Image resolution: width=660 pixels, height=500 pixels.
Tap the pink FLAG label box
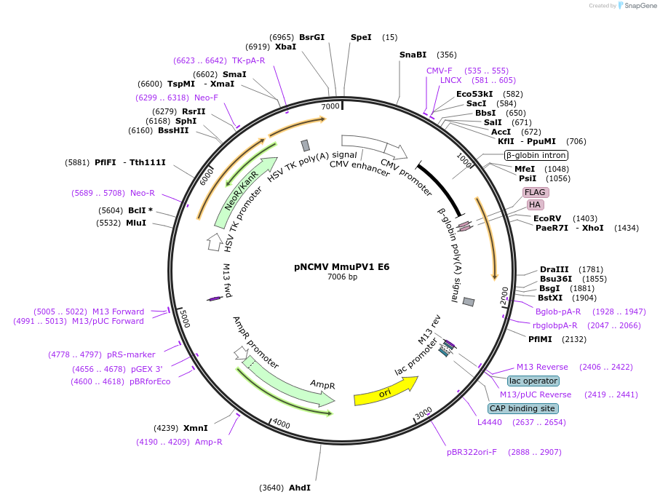pyautogui.click(x=536, y=193)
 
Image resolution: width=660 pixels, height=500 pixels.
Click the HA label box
pyautogui.click(x=535, y=205)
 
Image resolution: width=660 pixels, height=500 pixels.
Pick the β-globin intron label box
pyautogui.click(x=536, y=155)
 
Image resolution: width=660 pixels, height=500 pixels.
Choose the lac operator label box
pyautogui.click(x=533, y=381)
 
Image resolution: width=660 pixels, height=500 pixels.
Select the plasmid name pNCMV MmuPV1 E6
pyautogui.click(x=342, y=266)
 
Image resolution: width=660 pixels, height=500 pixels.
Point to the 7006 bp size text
pyautogui.click(x=342, y=277)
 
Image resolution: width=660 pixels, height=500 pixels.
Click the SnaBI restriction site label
pyautogui.click(x=413, y=55)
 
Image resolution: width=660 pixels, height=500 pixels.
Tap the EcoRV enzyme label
pyautogui.click(x=547, y=218)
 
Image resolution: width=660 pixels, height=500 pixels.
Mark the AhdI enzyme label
pyautogui.click(x=300, y=488)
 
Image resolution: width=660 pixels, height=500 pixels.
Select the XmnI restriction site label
pyautogui.click(x=195, y=428)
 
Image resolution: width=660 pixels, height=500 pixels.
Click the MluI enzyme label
pyautogui.click(x=136, y=223)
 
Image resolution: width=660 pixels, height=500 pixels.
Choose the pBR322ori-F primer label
pyautogui.click(x=472, y=452)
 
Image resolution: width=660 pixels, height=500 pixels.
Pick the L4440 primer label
pyautogui.click(x=490, y=422)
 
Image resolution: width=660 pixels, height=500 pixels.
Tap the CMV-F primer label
pyautogui.click(x=440, y=71)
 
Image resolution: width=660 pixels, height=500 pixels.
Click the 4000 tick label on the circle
pyautogui.click(x=281, y=425)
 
